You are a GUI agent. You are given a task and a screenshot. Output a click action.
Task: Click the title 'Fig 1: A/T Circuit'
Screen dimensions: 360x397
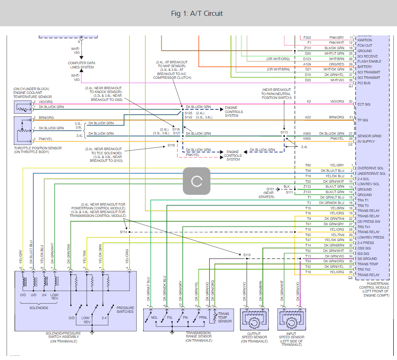pyautogui.click(x=197, y=13)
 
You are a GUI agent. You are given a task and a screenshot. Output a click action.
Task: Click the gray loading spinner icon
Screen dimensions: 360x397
pyautogui.click(x=196, y=181)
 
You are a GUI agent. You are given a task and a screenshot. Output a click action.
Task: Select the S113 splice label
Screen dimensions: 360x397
pyautogui.click(x=284, y=132)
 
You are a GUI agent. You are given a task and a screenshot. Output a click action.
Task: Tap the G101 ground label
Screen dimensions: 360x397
pyautogui.click(x=270, y=189)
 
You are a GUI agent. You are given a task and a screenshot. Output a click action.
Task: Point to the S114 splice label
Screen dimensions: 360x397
pyautogui.click(x=123, y=232)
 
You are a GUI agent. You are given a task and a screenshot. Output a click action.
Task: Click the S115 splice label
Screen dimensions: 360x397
pyautogui.click(x=247, y=254)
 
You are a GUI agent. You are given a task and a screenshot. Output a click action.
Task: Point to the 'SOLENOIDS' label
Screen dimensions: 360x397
pyautogui.click(x=39, y=308)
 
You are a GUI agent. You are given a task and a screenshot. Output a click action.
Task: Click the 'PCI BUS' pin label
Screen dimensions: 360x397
pyautogui.click(x=364, y=83)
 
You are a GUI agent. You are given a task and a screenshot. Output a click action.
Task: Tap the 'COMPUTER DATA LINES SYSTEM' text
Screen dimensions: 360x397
pyautogui.click(x=81, y=65)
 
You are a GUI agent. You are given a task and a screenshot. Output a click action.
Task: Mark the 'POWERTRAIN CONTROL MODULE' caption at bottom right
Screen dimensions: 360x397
pyautogui.click(x=374, y=290)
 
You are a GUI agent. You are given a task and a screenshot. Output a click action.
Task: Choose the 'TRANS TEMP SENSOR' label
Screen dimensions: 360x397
pyautogui.click(x=224, y=317)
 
